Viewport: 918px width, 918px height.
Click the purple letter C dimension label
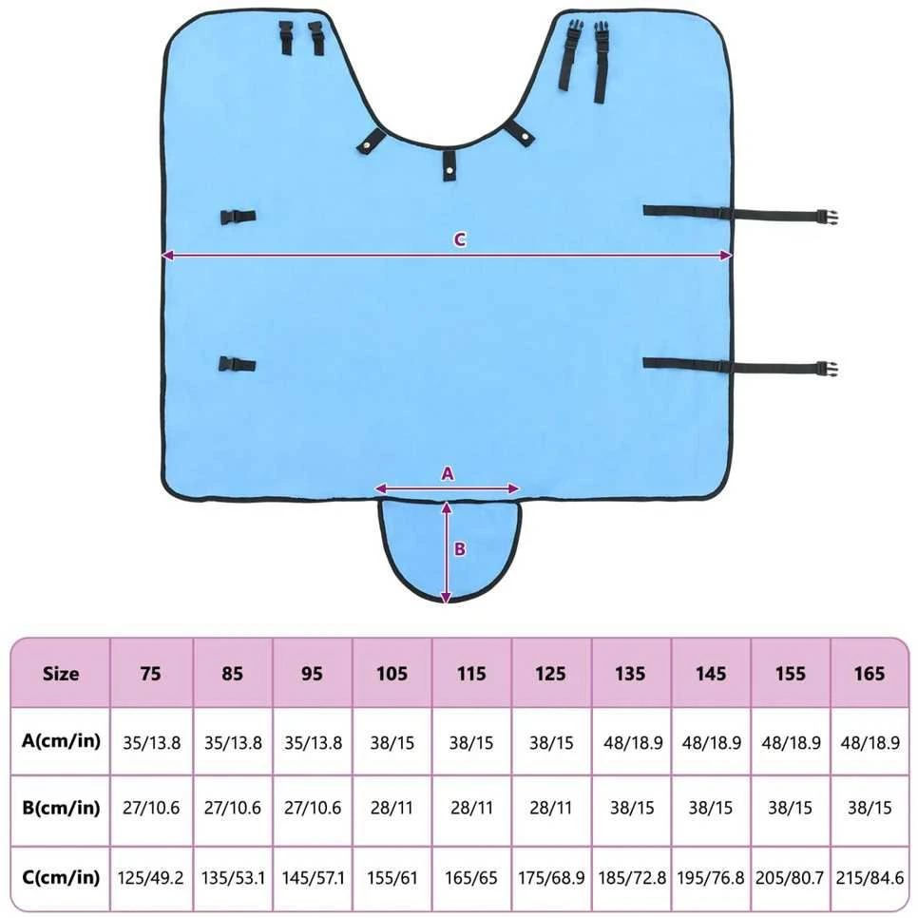[x=460, y=239]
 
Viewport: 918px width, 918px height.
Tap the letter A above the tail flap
[x=448, y=473]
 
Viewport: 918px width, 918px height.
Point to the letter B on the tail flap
[x=460, y=548]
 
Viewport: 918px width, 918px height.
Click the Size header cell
[x=61, y=673]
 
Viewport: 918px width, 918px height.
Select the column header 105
[x=392, y=673]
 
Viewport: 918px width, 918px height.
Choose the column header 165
[x=870, y=673]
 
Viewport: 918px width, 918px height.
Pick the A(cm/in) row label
[x=61, y=741]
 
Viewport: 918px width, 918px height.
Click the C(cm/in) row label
[x=61, y=877]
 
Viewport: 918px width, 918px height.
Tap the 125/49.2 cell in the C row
[x=150, y=878]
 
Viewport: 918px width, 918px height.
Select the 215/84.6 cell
[x=870, y=878]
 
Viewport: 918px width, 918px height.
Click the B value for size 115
[x=471, y=809]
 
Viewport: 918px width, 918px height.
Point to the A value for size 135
[x=633, y=743]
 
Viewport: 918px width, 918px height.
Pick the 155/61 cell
[x=392, y=878]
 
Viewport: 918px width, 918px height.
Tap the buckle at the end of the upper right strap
[x=829, y=217]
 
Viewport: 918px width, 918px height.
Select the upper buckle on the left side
[x=238, y=217]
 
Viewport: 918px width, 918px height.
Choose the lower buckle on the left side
[x=237, y=364]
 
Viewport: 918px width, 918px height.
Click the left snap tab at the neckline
[x=372, y=141]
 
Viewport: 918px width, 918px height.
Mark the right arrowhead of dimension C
[x=727, y=256]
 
